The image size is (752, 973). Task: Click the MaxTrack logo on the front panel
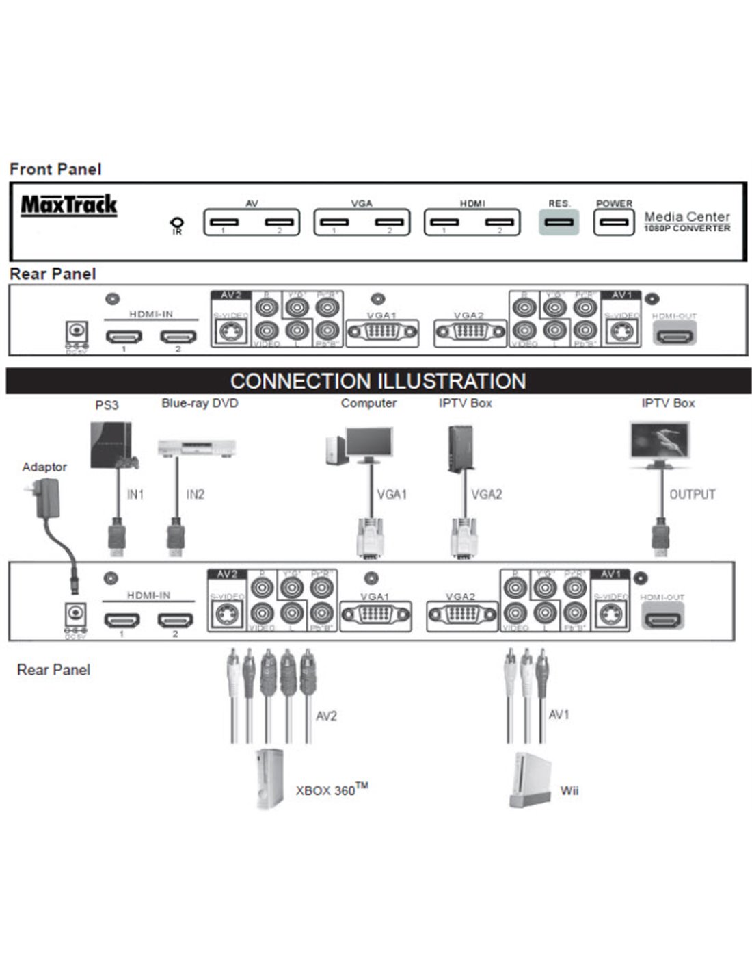(x=69, y=205)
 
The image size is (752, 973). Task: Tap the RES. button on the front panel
(x=559, y=222)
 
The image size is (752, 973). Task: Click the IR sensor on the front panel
(x=177, y=224)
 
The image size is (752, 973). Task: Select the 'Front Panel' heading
(x=55, y=169)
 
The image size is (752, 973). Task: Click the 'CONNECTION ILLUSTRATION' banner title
(x=378, y=381)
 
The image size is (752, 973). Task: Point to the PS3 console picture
(x=111, y=445)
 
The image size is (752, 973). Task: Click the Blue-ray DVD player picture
(x=197, y=449)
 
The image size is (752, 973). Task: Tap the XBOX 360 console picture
(x=269, y=780)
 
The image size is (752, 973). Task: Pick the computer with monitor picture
(x=360, y=445)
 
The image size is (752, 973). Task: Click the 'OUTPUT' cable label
(x=692, y=494)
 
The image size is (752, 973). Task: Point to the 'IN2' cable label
(x=196, y=494)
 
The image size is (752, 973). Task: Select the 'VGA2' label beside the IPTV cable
(x=486, y=494)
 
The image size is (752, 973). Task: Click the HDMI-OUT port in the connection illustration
(x=662, y=619)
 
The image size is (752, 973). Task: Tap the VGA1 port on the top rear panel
(x=382, y=333)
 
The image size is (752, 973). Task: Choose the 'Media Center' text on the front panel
(x=687, y=216)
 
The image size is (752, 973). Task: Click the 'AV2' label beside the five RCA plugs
(x=326, y=716)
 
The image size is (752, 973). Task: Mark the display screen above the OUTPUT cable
(x=660, y=441)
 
